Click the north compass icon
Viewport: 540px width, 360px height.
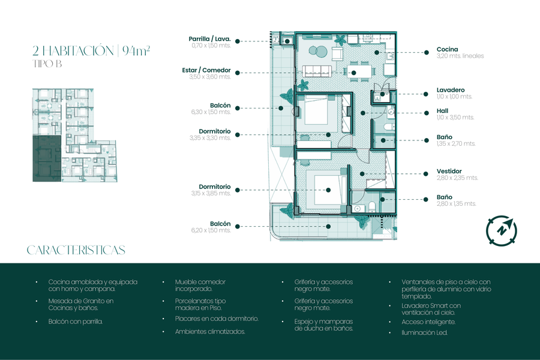(x=502, y=230)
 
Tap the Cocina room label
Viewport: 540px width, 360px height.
(x=447, y=49)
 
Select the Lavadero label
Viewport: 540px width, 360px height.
(x=451, y=90)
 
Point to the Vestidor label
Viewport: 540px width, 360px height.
(x=449, y=171)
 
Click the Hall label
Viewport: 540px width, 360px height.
(x=442, y=110)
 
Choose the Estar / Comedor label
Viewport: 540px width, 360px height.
(x=206, y=70)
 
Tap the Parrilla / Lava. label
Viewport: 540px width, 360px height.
(x=210, y=39)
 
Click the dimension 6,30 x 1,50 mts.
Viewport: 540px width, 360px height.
(x=211, y=112)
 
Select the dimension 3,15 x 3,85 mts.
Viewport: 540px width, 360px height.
(x=211, y=193)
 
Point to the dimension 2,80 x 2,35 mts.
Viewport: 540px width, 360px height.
(x=457, y=178)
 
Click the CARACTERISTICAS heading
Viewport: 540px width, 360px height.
(x=76, y=250)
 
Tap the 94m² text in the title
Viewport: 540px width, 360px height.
(x=136, y=50)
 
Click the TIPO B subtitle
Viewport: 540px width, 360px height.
(x=47, y=64)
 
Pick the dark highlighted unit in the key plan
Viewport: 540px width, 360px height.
(x=47, y=158)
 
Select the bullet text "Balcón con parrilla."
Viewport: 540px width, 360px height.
(x=76, y=322)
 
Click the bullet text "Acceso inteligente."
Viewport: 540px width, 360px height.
(x=428, y=322)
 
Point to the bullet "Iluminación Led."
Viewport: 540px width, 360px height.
(x=424, y=333)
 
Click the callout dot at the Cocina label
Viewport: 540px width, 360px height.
(x=427, y=52)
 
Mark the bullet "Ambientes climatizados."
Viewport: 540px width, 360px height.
(x=210, y=332)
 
